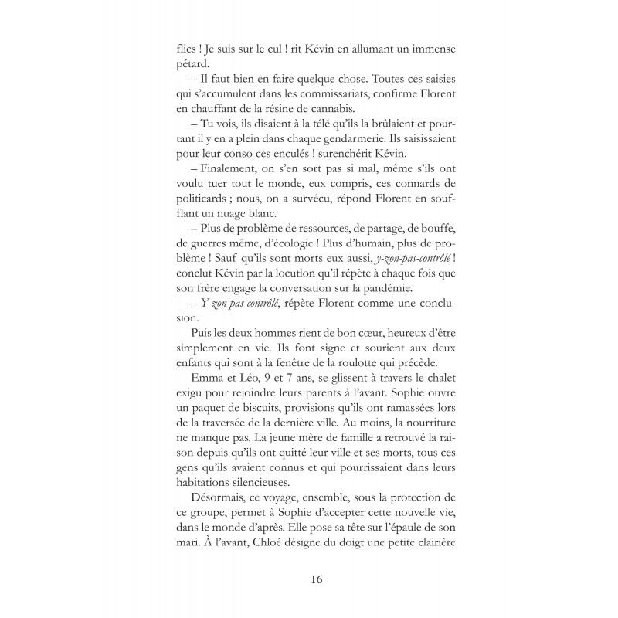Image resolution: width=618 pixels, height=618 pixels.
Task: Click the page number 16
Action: click(x=317, y=579)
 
